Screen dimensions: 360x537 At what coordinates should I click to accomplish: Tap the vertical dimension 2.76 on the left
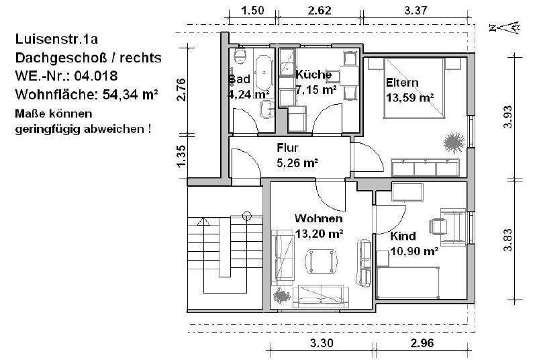[181, 89]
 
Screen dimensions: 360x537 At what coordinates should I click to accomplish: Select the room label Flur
[287, 148]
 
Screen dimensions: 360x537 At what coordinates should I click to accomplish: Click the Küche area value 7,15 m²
[315, 89]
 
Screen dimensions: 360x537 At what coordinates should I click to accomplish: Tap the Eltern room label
[401, 83]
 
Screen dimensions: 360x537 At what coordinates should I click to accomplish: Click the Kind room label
[403, 236]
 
